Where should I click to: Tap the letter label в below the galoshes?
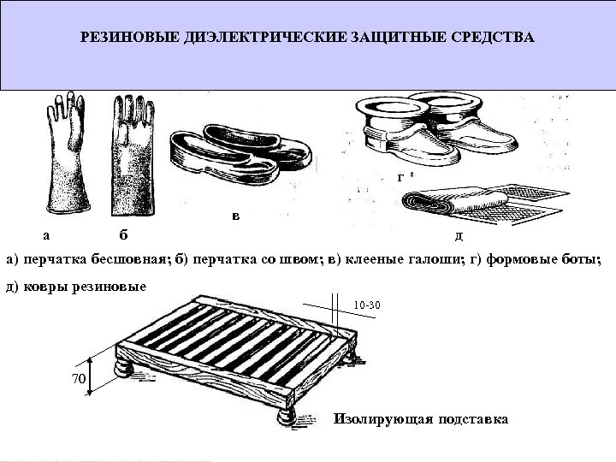pos(236,216)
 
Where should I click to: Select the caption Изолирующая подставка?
pos(421,419)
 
